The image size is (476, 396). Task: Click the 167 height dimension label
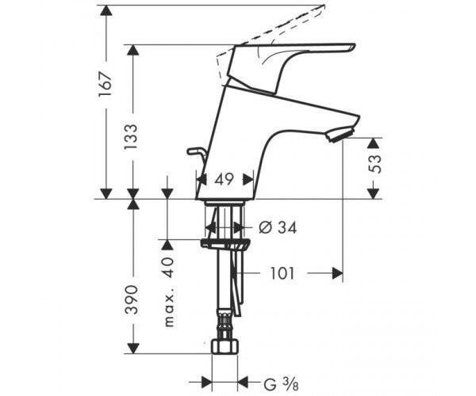(106, 85)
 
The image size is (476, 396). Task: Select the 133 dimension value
(131, 137)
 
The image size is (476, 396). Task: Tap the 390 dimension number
(132, 299)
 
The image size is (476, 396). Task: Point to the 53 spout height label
(375, 164)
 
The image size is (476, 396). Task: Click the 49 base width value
(225, 179)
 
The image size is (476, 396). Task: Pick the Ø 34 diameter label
(278, 227)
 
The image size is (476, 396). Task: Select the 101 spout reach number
(282, 273)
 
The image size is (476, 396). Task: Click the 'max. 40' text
(169, 292)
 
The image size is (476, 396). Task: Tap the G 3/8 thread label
(281, 385)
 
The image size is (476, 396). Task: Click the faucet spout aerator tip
(340, 135)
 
